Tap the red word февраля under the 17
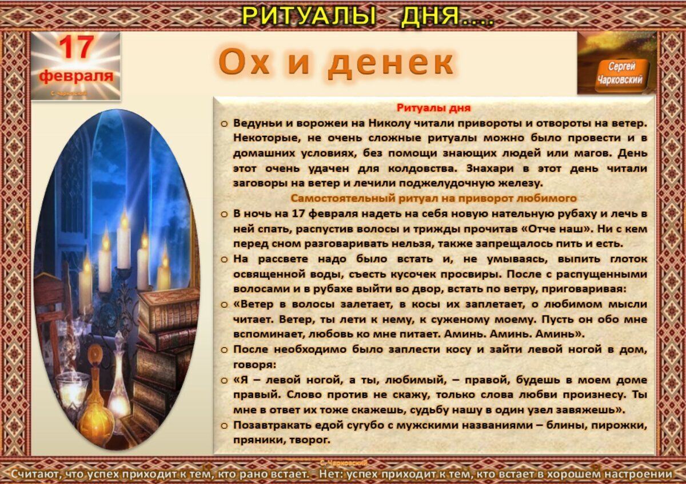point(75,76)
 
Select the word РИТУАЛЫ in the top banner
point(309,15)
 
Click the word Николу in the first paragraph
point(372,123)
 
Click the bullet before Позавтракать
point(224,425)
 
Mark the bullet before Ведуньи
point(224,123)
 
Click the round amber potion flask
point(95,420)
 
